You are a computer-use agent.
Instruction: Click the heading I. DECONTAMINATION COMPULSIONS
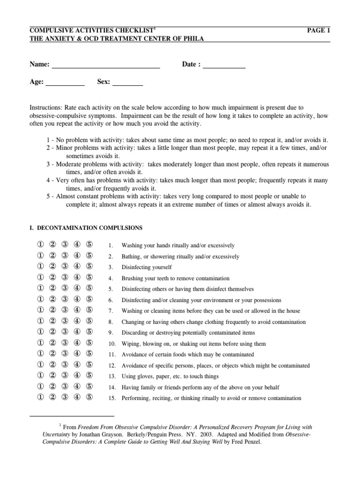click(x=86, y=228)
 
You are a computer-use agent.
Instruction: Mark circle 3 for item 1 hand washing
click(x=65, y=245)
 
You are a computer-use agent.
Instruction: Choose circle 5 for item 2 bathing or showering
click(x=90, y=256)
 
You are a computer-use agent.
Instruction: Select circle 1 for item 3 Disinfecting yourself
click(x=40, y=267)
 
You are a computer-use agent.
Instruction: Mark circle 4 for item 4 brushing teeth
click(x=77, y=277)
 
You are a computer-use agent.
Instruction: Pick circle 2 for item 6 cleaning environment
click(x=52, y=300)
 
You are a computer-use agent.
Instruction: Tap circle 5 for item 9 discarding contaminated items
click(x=90, y=332)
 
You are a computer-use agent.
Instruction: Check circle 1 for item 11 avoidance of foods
click(x=40, y=354)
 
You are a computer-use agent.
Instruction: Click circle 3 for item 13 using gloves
click(x=65, y=376)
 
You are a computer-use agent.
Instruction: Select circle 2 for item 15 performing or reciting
click(x=52, y=397)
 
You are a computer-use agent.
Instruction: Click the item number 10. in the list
click(x=112, y=344)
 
